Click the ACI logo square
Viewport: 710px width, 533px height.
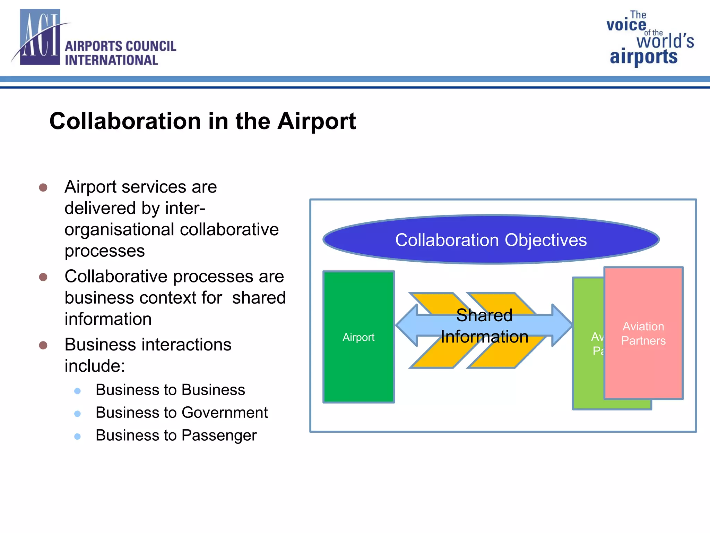40,37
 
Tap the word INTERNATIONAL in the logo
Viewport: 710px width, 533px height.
111,60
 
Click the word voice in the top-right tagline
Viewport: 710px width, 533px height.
626,25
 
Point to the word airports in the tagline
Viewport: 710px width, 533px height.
643,57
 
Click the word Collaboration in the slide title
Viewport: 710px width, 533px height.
125,121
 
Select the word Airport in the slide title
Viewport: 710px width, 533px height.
317,121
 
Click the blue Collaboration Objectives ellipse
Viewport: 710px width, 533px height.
491,240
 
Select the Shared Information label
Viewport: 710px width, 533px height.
484,326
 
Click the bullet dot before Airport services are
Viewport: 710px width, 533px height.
43,188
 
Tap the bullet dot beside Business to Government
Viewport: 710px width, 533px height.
78,414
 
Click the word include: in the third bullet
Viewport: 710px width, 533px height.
95,366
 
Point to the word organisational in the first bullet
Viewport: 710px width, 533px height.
119,230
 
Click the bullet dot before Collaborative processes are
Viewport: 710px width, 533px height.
43,277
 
